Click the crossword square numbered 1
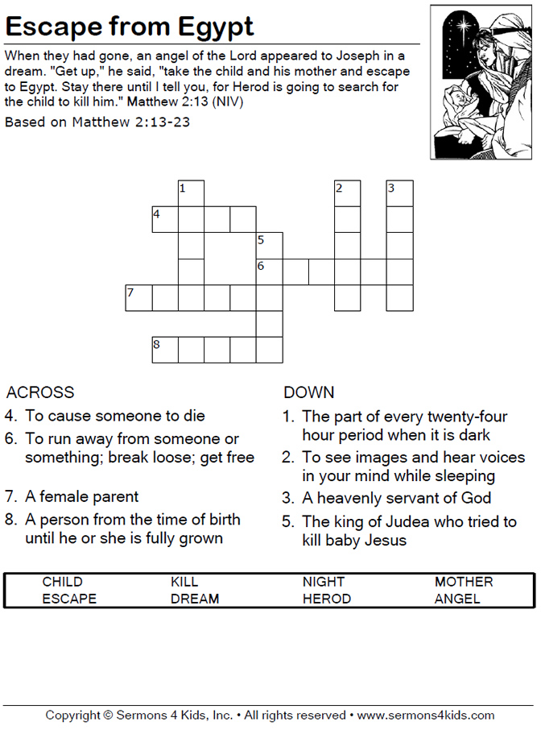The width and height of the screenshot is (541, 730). pos(191,194)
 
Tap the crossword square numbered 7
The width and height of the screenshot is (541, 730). pos(138,298)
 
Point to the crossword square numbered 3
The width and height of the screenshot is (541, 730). pos(400,194)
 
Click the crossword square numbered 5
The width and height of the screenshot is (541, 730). pos(270,246)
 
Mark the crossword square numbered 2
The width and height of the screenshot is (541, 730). pos(348,194)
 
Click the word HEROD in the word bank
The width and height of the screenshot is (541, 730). pos(327,599)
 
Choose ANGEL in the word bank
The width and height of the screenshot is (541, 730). pos(457,599)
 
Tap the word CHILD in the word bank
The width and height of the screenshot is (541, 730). pos(63,582)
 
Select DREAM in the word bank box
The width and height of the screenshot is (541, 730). pos(195,599)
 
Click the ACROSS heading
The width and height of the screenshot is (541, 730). pos(39,392)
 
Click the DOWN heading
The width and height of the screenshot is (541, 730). pos(309,392)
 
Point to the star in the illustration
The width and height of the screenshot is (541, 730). pos(465,25)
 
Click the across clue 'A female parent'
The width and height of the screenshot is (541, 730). pos(82,496)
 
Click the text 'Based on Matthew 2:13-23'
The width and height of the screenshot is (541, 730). pos(97,122)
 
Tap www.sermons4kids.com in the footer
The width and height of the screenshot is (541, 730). pos(425,715)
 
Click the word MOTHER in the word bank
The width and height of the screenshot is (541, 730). pos(464,582)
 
